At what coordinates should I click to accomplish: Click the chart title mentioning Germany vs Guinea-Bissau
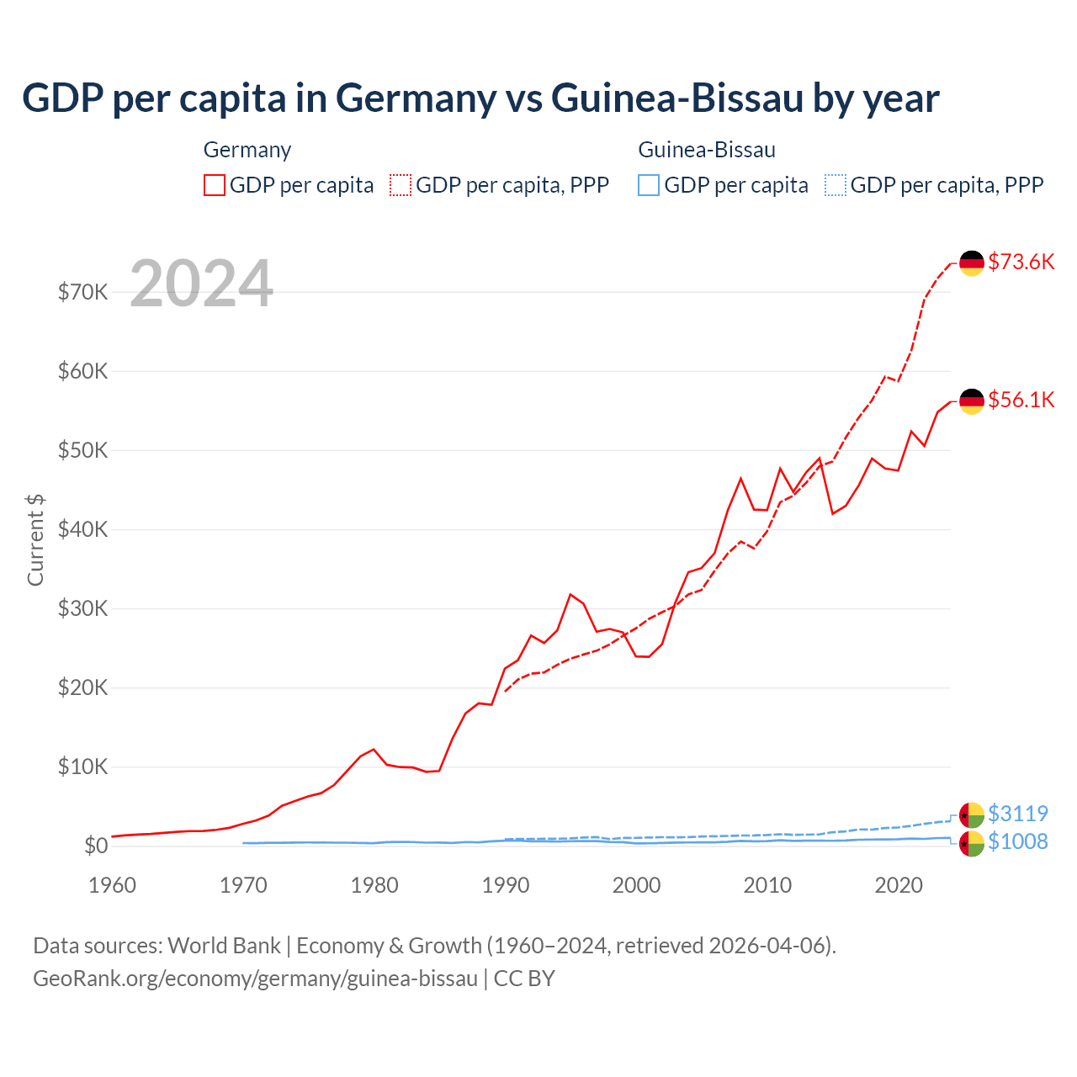tap(480, 98)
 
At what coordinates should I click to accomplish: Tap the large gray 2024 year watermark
tap(201, 284)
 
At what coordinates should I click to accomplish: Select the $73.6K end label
tap(1021, 262)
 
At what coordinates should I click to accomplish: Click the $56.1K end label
tap(1021, 400)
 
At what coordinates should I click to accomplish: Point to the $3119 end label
tap(1017, 814)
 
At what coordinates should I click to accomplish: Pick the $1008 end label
tap(1017, 841)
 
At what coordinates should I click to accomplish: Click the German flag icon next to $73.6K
tap(972, 263)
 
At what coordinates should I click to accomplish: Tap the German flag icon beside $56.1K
tap(972, 401)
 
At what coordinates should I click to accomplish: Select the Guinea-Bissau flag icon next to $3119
tap(972, 815)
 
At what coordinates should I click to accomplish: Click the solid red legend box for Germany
tap(215, 185)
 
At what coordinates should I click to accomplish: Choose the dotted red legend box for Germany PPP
tap(401, 185)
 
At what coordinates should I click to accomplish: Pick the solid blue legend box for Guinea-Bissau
tap(649, 185)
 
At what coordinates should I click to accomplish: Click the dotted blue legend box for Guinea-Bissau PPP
tap(835, 185)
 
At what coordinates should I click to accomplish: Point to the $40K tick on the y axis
tap(82, 529)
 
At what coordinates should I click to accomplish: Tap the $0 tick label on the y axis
tap(96, 846)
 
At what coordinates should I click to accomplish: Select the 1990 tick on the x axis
tap(506, 885)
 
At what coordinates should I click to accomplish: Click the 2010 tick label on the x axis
tap(767, 885)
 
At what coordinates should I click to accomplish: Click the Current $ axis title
tap(35, 539)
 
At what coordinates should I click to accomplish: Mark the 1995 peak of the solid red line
tap(570, 594)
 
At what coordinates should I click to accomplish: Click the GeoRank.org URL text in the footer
tap(255, 979)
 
